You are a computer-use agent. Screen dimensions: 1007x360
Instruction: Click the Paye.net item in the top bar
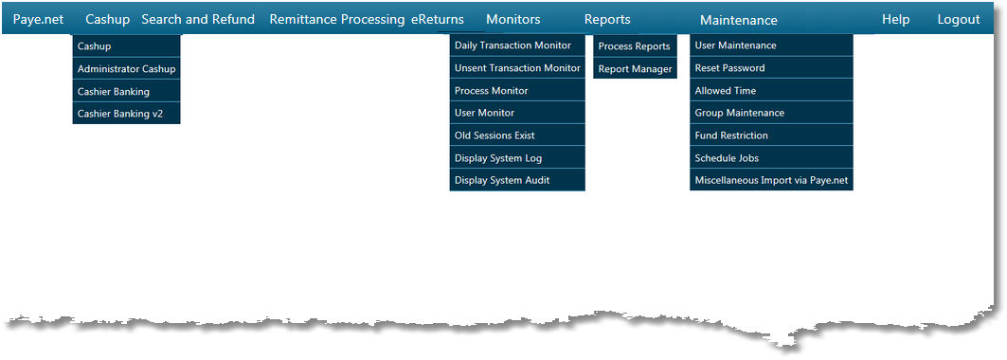pos(38,19)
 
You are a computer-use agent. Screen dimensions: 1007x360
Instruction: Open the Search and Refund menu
pos(198,19)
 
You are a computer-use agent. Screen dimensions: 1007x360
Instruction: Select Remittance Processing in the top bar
pos(337,19)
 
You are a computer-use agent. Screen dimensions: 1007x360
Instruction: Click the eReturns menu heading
pos(438,19)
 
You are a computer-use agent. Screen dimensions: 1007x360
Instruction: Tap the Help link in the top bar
pos(895,19)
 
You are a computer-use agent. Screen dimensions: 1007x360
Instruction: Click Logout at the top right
pos(959,19)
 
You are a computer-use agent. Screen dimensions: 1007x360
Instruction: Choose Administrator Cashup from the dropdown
pos(126,69)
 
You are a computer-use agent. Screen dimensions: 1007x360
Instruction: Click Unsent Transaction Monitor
pos(516,68)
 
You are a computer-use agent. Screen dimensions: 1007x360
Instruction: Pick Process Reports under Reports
pos(635,46)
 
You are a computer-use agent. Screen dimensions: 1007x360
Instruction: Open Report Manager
pos(635,69)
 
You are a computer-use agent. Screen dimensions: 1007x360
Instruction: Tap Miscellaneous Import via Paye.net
pos(770,180)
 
